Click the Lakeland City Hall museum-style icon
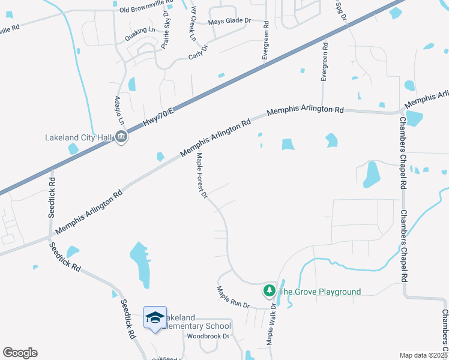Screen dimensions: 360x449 coord(121,137)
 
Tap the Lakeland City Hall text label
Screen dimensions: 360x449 coord(79,137)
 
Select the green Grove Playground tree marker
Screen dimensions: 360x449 coord(270,292)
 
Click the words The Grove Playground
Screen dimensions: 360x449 coord(321,292)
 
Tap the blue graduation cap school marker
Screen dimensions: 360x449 coord(155,317)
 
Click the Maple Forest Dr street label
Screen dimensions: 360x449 coord(202,176)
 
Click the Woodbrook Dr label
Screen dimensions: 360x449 coord(208,336)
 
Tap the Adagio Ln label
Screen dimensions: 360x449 coord(118,109)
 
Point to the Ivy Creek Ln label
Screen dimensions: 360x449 coord(193,24)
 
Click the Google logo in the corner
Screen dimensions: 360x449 coord(20,353)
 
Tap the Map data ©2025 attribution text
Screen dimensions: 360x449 coord(423,355)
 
